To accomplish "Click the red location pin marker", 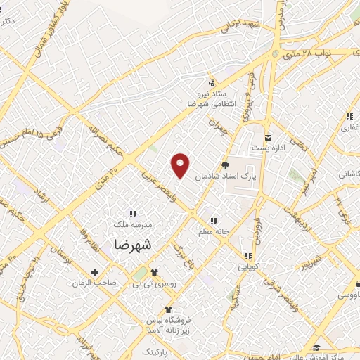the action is (181, 165).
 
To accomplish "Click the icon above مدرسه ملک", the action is (132, 214).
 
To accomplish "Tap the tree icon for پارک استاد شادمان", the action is (225, 166).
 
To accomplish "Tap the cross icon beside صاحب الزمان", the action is (94, 272).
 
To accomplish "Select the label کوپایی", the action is (248, 267).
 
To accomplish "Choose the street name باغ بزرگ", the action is (182, 257).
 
